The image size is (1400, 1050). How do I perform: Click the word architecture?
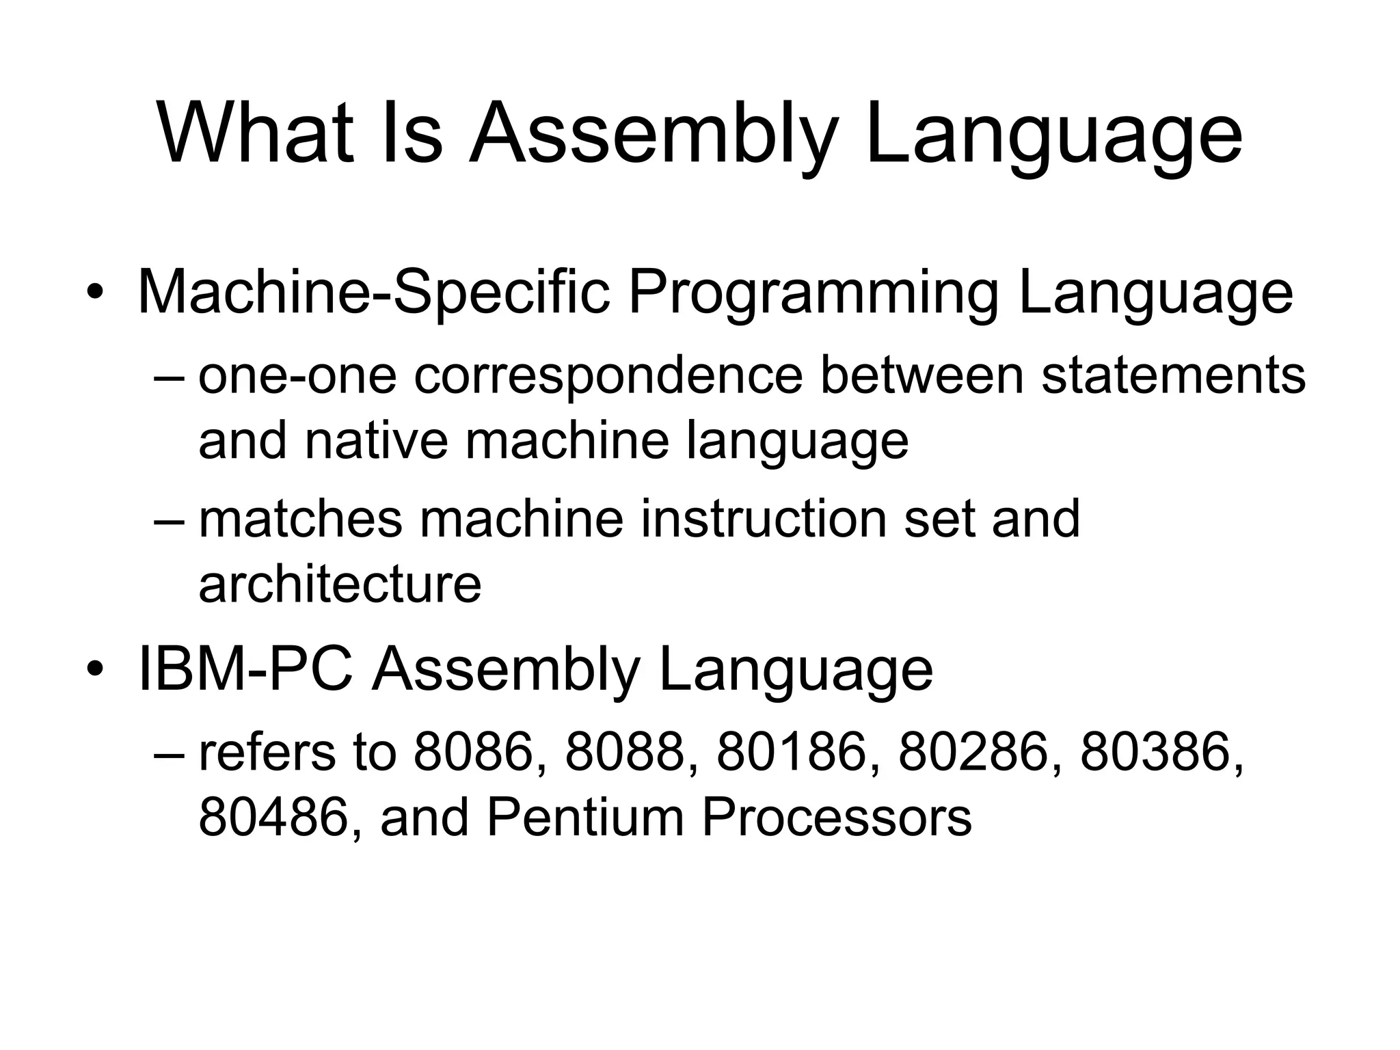click(x=340, y=584)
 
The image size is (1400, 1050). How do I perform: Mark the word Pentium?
click(x=585, y=818)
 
